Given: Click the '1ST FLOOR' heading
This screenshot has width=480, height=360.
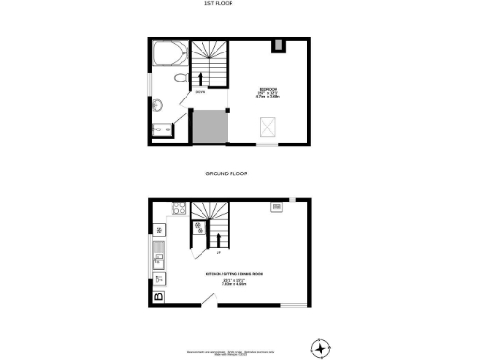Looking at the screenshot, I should click(239, 5).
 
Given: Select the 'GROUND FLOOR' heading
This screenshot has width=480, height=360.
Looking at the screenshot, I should click(239, 173).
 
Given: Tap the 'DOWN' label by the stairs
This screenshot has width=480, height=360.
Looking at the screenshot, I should click(201, 92).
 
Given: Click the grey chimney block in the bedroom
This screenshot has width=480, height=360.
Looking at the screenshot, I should click(278, 45).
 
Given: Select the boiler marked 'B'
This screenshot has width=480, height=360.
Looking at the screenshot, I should click(158, 297).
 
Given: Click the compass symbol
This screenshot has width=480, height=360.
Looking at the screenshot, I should click(321, 349).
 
